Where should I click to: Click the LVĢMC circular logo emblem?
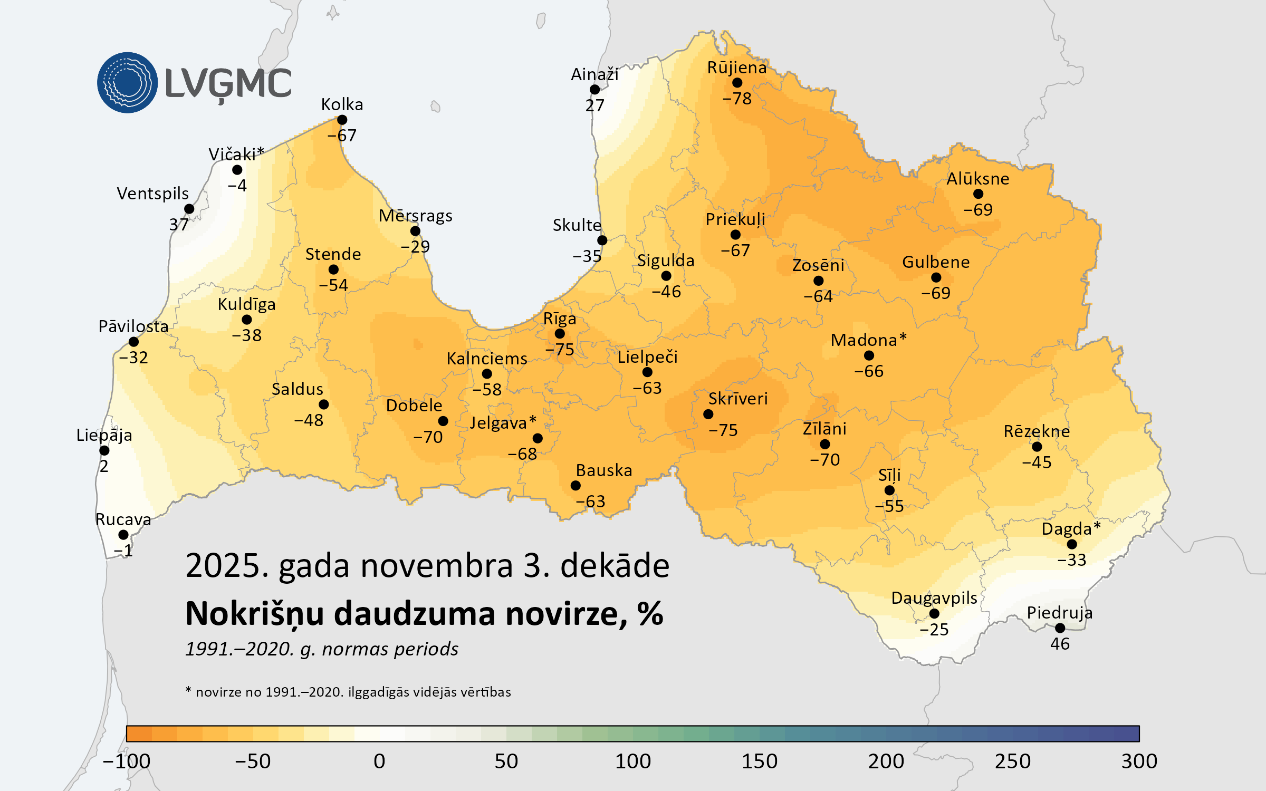[127, 83]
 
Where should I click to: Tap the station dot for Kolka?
[342, 120]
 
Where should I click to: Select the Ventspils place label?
[152, 194]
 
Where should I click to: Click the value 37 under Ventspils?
[179, 225]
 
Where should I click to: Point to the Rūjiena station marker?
[737, 83]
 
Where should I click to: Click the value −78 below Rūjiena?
[737, 99]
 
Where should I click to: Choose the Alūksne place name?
[977, 179]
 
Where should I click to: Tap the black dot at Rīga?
[560, 334]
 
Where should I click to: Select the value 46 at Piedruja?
[1060, 644]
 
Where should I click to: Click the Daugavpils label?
[934, 598]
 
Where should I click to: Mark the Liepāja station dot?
[104, 450]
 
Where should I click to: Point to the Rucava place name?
[123, 519]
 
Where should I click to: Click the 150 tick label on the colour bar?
[759, 761]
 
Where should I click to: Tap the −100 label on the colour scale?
[127, 761]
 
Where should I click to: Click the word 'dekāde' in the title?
[615, 566]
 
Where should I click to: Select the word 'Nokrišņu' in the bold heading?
[254, 614]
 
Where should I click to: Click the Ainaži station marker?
[594, 90]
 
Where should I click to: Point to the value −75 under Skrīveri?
[723, 430]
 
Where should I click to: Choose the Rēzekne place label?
[1037, 431]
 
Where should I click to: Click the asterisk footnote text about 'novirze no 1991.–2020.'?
[348, 692]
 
